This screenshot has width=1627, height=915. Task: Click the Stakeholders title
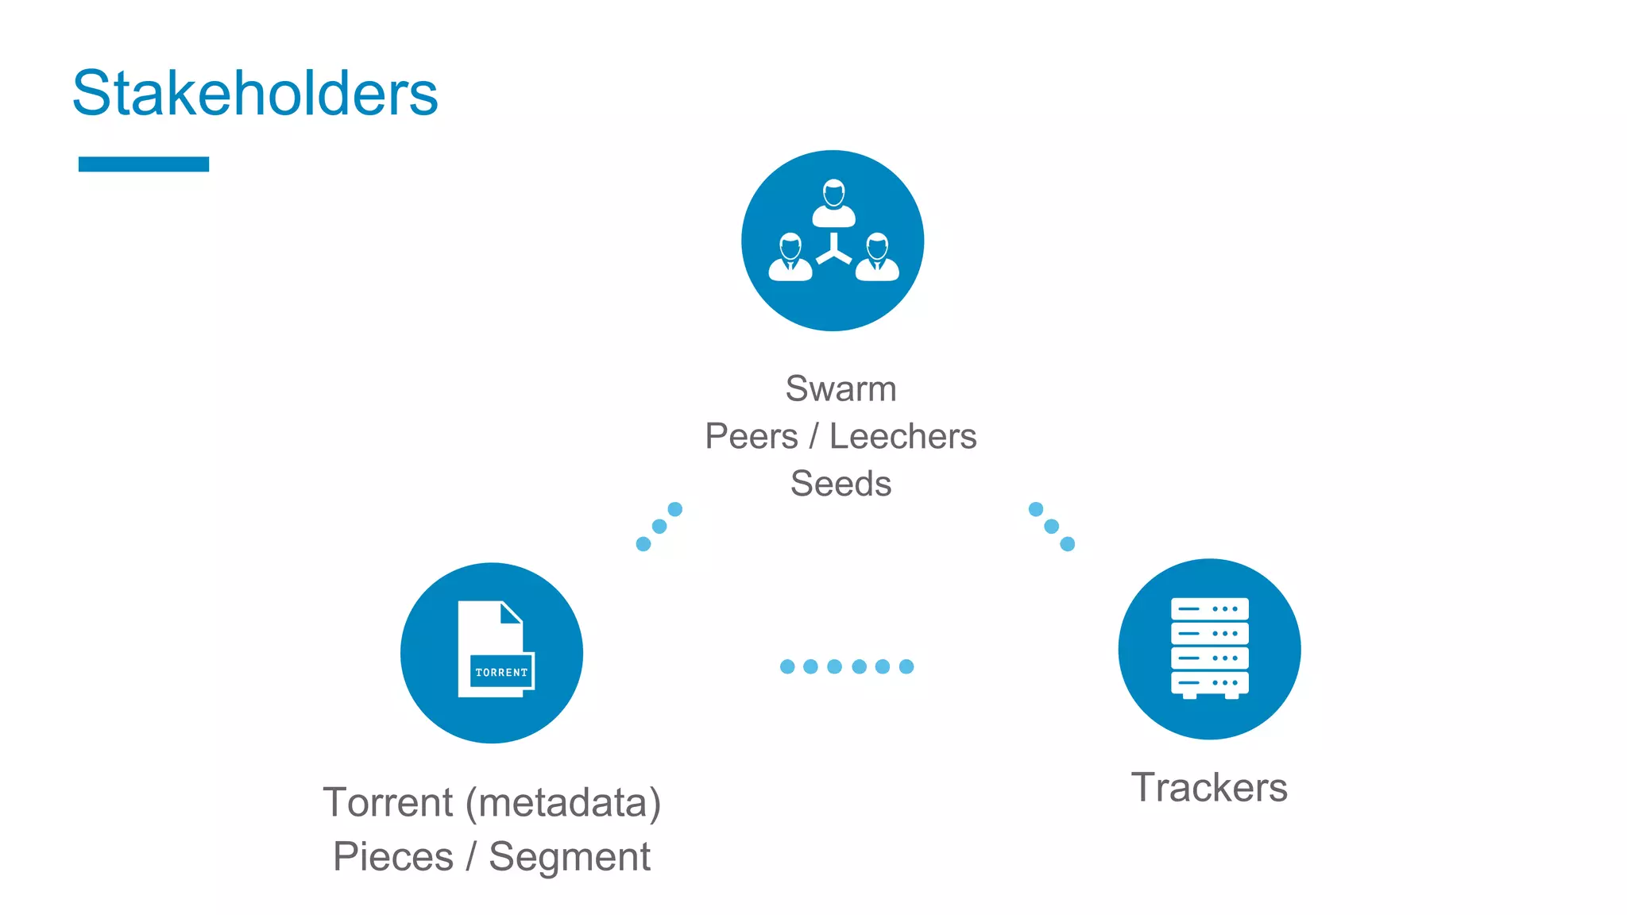[255, 94]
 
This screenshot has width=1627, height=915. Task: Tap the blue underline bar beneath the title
[144, 164]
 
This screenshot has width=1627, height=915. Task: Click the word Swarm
[841, 389]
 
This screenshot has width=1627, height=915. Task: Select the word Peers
[752, 436]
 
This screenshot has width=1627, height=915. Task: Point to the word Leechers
[902, 436]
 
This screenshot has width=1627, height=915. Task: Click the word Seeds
[841, 484]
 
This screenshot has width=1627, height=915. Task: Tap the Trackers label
[1208, 788]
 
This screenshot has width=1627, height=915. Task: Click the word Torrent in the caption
[388, 802]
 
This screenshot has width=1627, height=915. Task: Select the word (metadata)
[563, 802]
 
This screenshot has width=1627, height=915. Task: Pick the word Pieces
[393, 857]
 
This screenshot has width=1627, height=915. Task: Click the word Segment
[570, 857]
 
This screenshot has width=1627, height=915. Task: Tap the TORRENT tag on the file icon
[501, 672]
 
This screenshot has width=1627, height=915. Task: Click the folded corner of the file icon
[511, 612]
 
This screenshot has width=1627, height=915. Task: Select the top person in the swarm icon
[833, 203]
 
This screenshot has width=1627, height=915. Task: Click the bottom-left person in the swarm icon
[790, 257]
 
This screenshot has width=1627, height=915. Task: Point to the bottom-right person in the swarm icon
[877, 257]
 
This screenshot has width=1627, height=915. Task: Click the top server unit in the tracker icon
[1209, 609]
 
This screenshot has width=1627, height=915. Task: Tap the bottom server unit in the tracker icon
[1209, 683]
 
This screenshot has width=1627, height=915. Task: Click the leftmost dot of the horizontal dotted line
[787, 666]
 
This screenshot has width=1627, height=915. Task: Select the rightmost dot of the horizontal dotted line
[906, 666]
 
